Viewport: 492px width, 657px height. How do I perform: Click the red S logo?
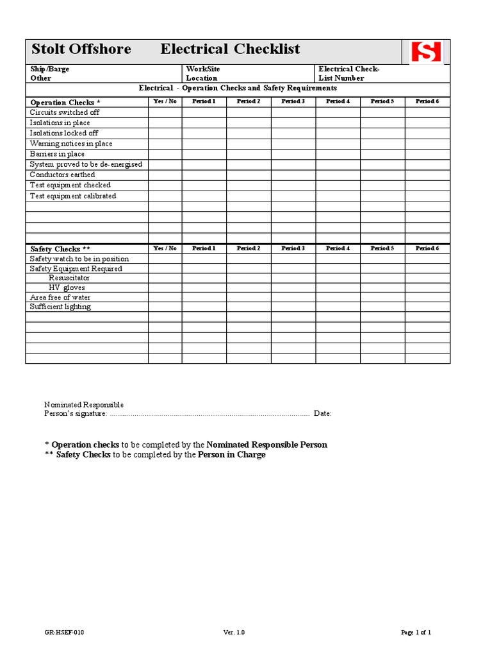tap(427, 51)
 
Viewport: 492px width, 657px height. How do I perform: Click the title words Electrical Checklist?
tap(230, 49)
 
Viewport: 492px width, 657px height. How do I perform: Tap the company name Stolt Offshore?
tap(81, 49)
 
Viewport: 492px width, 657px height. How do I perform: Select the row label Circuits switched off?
tap(65, 112)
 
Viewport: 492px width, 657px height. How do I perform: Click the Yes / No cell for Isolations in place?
tap(165, 123)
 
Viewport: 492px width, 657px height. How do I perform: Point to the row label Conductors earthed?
tap(62, 175)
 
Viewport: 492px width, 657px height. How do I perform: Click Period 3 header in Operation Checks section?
tap(293, 101)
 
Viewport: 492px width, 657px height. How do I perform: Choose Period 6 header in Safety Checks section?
tap(427, 248)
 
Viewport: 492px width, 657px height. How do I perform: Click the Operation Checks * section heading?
tap(65, 103)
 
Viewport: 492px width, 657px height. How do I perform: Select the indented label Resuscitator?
tap(69, 278)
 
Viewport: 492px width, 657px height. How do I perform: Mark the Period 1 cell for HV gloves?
tap(204, 287)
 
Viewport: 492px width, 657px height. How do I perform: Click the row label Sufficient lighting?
tap(60, 307)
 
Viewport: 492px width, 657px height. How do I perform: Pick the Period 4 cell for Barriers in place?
tap(338, 154)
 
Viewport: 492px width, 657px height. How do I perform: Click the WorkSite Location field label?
tap(202, 74)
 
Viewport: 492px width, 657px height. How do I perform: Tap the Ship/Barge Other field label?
tap(50, 74)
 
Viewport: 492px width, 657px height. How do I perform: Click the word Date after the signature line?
tap(322, 414)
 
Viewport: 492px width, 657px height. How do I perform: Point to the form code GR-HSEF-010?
tap(64, 633)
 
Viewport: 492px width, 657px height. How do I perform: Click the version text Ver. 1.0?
tap(234, 633)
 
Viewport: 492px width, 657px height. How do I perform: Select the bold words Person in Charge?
tap(231, 455)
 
